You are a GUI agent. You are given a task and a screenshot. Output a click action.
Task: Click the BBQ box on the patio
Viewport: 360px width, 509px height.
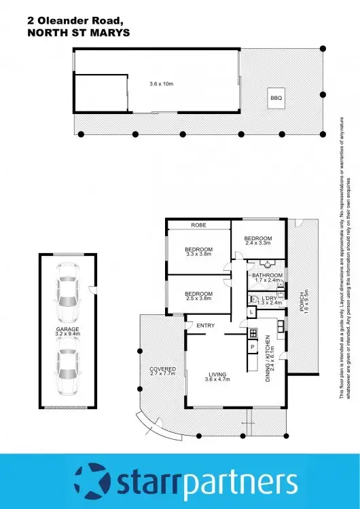click(x=276, y=98)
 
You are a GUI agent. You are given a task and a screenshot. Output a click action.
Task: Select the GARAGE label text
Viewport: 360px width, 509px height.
click(x=68, y=331)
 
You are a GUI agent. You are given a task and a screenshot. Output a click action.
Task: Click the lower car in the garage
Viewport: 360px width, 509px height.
click(x=68, y=371)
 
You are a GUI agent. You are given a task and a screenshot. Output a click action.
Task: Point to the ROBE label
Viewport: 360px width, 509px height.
click(x=198, y=225)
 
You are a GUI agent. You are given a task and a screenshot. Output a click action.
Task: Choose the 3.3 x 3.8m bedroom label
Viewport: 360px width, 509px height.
click(x=198, y=252)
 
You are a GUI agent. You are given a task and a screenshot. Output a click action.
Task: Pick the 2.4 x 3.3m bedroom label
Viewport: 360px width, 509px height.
click(x=258, y=241)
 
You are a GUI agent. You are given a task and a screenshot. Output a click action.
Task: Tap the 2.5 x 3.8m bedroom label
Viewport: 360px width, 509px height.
click(x=198, y=295)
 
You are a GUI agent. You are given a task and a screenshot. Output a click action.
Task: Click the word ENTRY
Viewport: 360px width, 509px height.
click(x=205, y=326)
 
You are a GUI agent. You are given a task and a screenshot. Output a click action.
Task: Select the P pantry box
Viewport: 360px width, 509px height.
click(x=252, y=347)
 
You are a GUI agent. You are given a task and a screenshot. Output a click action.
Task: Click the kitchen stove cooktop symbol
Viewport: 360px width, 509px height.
click(x=252, y=333)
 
